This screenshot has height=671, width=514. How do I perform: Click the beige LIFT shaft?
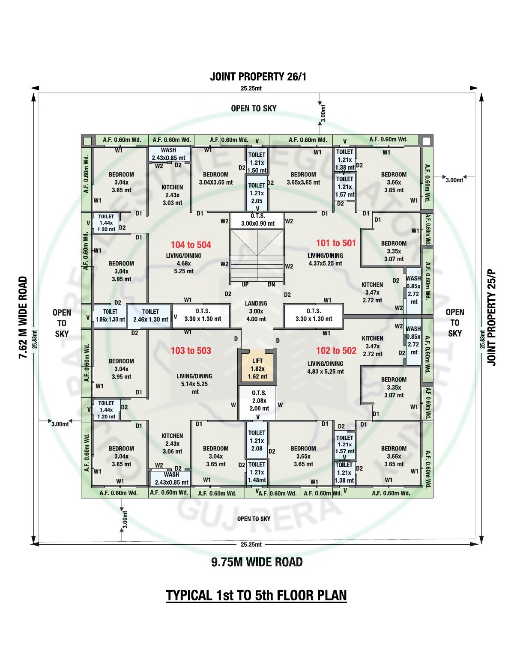click(257, 368)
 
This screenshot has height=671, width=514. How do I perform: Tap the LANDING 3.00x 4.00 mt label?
click(256, 311)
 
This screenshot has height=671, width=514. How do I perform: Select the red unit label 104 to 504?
click(191, 245)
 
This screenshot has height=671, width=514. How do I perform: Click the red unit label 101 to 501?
click(336, 243)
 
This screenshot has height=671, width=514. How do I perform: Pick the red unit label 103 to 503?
click(191, 350)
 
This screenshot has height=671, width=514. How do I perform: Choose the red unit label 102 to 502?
click(336, 350)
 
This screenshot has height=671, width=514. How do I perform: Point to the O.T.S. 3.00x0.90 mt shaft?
click(257, 220)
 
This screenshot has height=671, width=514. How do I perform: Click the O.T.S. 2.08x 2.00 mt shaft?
click(257, 403)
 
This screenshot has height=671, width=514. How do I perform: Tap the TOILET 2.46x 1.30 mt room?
click(150, 316)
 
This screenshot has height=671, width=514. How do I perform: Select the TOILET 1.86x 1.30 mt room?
click(110, 316)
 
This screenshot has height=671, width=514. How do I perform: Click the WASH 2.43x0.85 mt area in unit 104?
click(169, 154)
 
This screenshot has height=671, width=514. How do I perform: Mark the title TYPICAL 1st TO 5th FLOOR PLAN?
click(257, 595)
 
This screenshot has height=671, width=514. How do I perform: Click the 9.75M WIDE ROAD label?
click(257, 562)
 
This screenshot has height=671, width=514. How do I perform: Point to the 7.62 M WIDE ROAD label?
click(23, 317)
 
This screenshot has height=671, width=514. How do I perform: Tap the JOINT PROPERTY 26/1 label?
click(258, 77)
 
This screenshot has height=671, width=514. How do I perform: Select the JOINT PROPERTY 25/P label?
click(491, 318)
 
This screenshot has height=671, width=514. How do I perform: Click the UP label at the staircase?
click(245, 284)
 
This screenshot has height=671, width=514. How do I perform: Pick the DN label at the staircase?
click(271, 284)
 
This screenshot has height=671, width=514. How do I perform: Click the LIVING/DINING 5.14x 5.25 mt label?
click(194, 384)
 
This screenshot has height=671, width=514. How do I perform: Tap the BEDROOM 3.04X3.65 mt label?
click(215, 179)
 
